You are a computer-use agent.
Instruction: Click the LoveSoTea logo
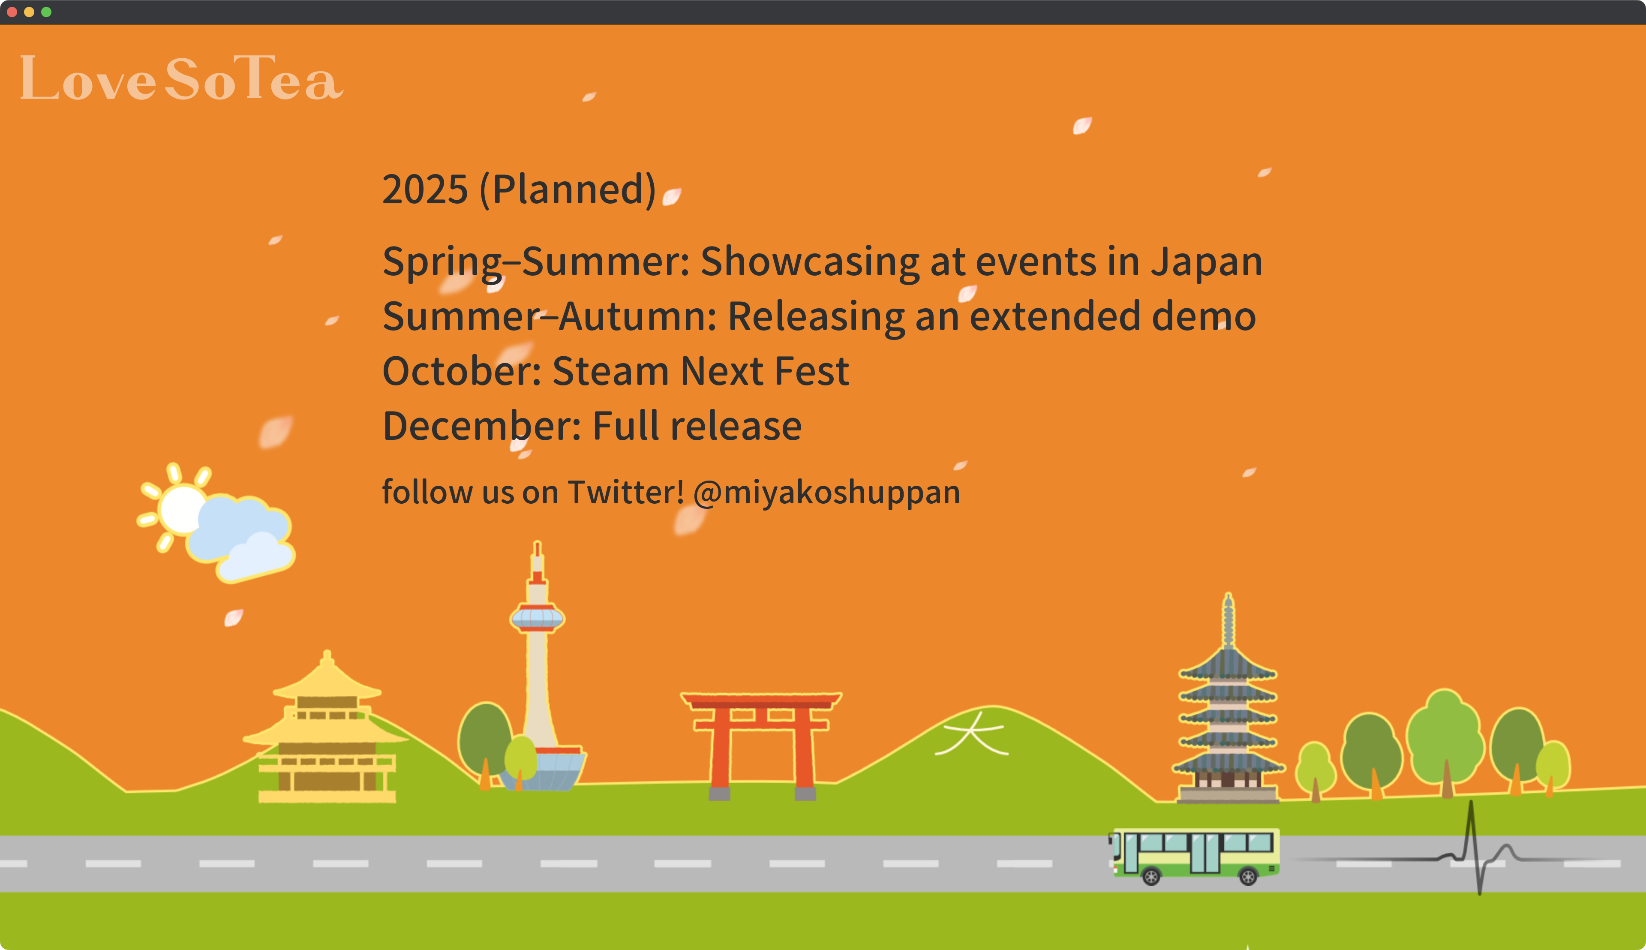coord(181,78)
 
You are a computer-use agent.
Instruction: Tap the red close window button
coord(12,12)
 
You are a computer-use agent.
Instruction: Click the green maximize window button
coord(46,12)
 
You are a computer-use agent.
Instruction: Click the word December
coord(481,426)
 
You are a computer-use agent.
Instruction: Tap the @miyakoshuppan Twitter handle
coord(826,493)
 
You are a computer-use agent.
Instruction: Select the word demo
coord(1204,316)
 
